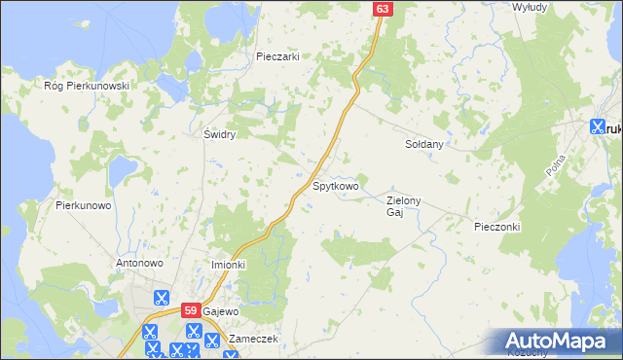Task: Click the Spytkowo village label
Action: point(336,184)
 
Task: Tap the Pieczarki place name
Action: point(276,56)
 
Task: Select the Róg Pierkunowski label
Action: point(87,86)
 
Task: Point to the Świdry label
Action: point(219,134)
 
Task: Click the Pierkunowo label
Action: point(86,205)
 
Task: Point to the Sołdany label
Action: point(424,144)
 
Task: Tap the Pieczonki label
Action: point(497,227)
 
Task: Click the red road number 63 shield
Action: point(382,9)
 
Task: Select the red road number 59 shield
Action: point(191,309)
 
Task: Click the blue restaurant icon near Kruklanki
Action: point(598,126)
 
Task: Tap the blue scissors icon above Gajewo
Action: point(162,299)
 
